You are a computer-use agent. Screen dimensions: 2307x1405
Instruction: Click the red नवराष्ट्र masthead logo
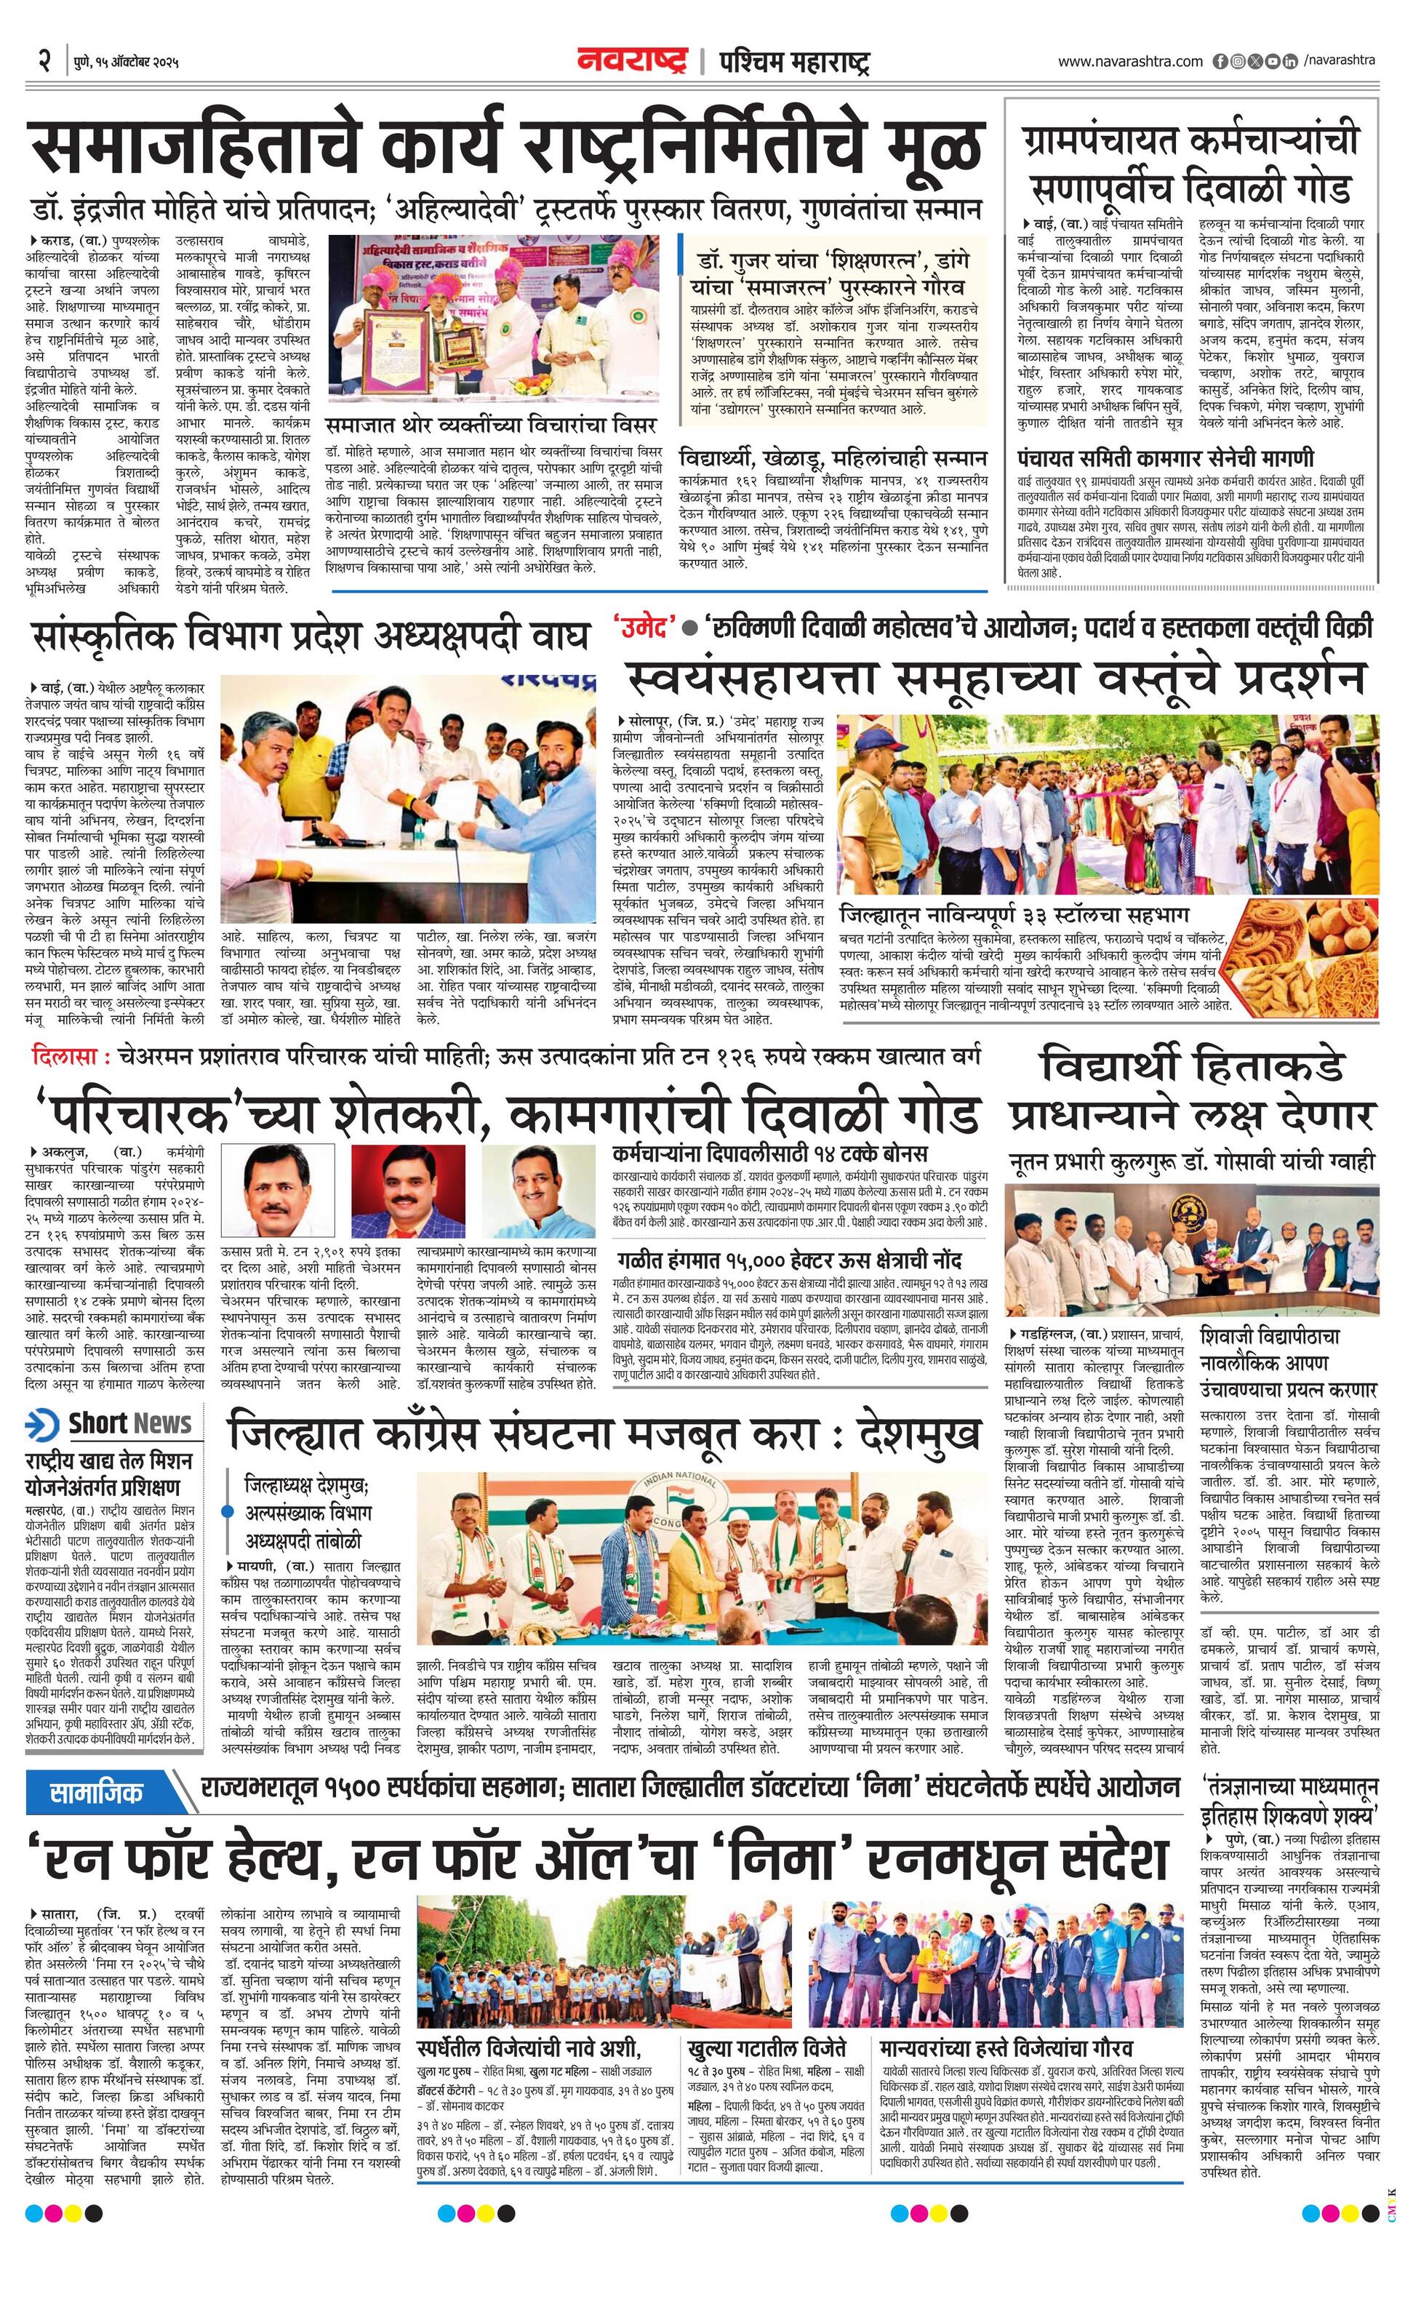[633, 62]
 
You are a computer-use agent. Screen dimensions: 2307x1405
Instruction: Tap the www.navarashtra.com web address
[1130, 62]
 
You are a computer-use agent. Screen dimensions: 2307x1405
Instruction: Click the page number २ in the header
[43, 63]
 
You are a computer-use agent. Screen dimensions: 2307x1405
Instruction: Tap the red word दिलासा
[64, 1057]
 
